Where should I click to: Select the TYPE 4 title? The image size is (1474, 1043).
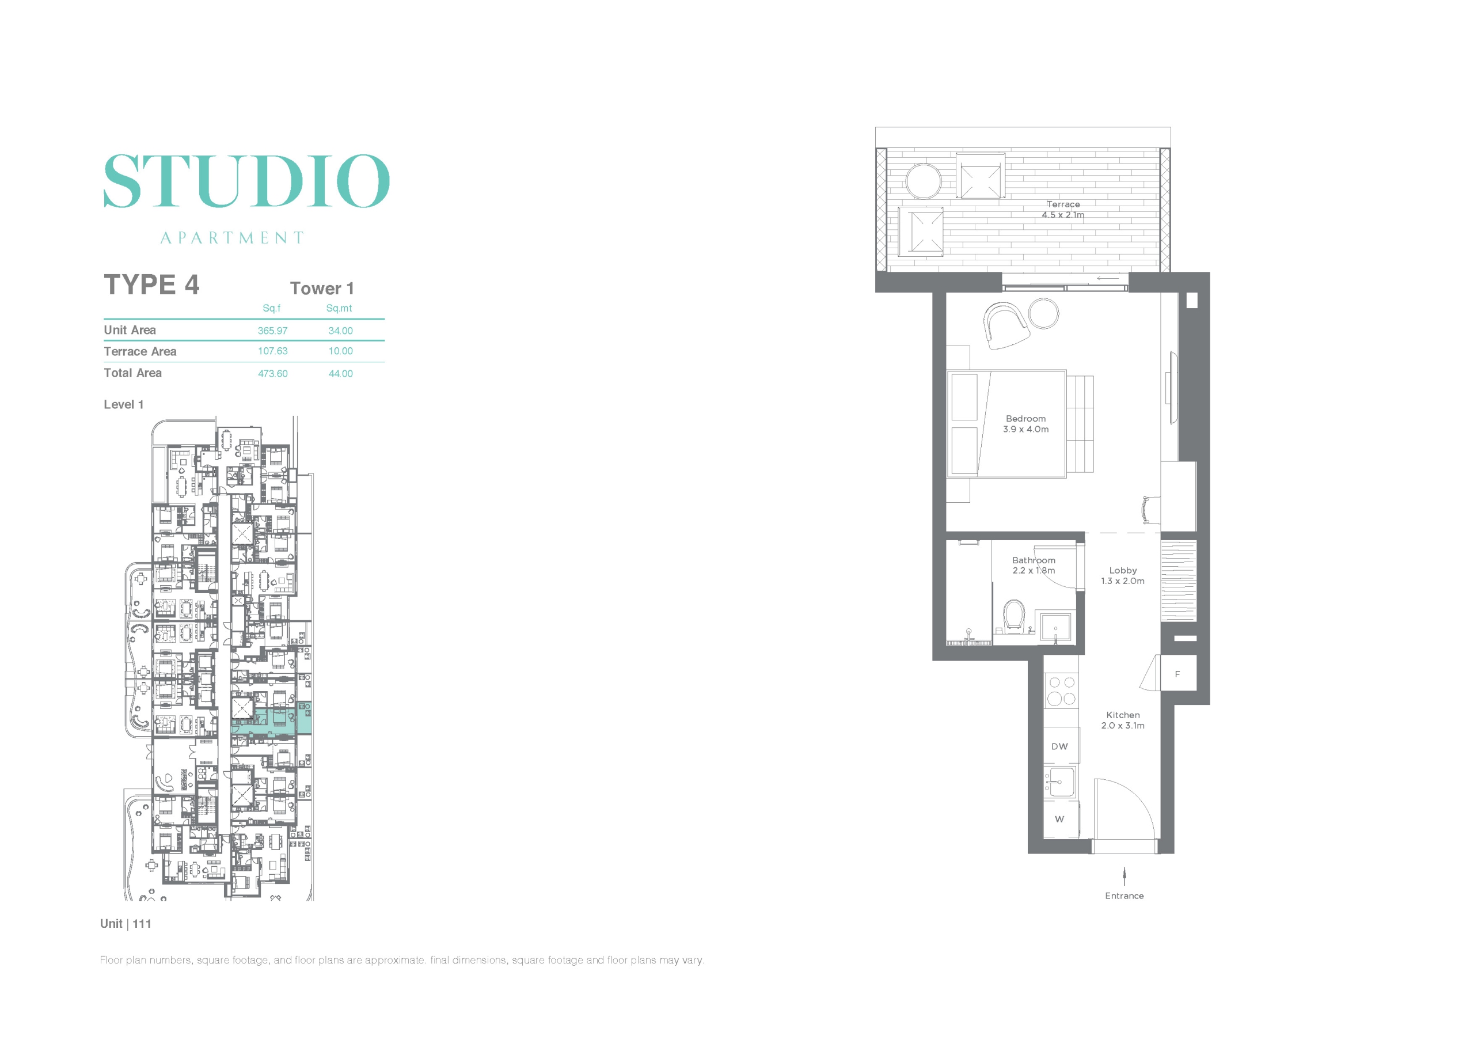point(151,285)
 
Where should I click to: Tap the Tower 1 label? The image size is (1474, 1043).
point(322,289)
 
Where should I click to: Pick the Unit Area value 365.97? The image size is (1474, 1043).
point(273,331)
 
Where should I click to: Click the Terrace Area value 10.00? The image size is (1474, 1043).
point(340,351)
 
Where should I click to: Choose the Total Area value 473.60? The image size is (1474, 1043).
point(273,374)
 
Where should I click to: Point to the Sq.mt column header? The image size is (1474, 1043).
point(339,308)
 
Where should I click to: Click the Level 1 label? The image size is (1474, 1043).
point(124,405)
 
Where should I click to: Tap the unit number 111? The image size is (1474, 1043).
point(142,924)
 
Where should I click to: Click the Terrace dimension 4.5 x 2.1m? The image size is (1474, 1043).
point(1063,214)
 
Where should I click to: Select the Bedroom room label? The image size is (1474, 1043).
point(1026,419)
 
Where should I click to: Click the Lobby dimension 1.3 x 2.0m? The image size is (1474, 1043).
point(1123,581)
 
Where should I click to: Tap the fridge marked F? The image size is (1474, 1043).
point(1178,673)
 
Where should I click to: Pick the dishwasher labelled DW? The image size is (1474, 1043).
point(1060,746)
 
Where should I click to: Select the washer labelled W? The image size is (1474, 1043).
point(1060,819)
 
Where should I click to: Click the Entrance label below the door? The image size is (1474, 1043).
point(1124,896)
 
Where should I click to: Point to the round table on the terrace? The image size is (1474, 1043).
point(923,181)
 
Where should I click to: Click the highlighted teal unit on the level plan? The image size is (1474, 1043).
point(272,721)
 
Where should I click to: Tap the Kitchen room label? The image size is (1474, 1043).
point(1123,715)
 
